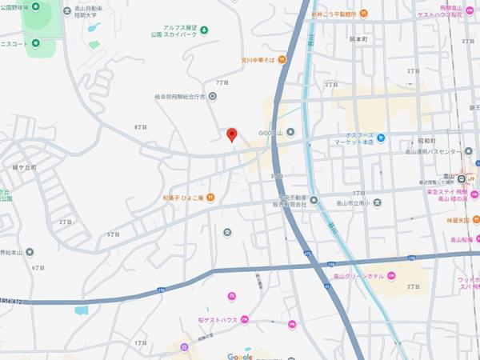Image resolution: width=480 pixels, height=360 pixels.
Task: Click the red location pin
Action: point(232,134)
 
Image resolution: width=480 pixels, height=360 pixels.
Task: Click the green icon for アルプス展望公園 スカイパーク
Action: point(204,30)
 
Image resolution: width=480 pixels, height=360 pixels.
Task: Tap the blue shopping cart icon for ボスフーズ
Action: point(382,136)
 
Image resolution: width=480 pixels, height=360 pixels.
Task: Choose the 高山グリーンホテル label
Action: point(358,275)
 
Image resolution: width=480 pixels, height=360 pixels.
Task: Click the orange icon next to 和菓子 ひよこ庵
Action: point(210,198)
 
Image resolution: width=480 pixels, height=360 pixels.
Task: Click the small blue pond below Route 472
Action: point(82,309)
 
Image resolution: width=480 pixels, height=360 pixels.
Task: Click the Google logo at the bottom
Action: point(240,356)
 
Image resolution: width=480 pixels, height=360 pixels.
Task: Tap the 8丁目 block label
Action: point(142,127)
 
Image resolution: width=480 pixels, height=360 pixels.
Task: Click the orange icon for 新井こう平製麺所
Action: point(363,14)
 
